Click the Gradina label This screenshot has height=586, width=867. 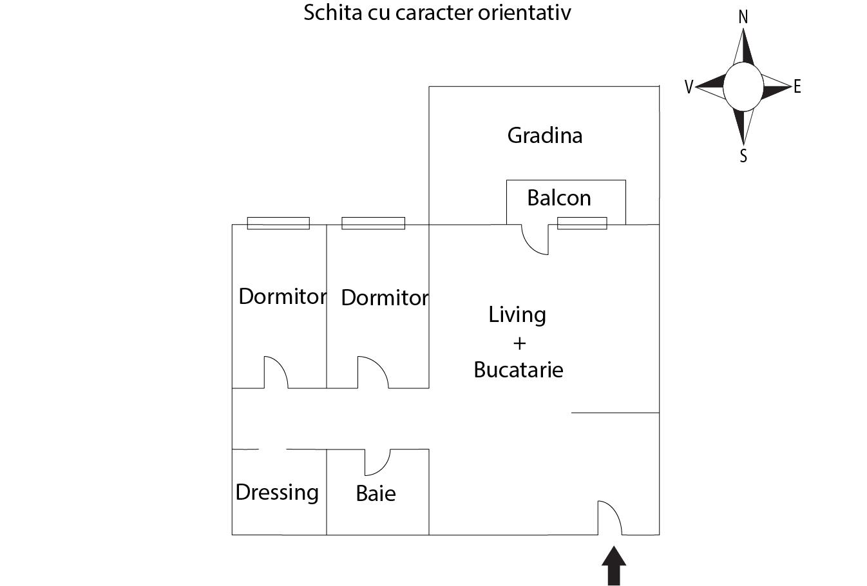[x=544, y=135]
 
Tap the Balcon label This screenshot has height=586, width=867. [x=559, y=198]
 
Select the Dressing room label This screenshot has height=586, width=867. [x=277, y=493]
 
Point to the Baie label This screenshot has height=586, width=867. [x=376, y=493]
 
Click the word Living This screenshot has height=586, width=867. [x=517, y=315]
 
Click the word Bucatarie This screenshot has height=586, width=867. [x=519, y=370]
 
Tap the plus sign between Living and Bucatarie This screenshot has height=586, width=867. [x=519, y=344]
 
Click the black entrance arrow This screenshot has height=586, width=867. [x=614, y=565]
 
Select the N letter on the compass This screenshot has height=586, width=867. [x=743, y=17]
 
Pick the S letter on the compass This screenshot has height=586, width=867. [x=743, y=156]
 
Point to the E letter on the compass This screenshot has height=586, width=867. [x=797, y=87]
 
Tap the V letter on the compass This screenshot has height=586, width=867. [x=689, y=87]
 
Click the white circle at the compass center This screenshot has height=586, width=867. [x=743, y=87]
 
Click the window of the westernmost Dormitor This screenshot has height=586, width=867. [x=278, y=223]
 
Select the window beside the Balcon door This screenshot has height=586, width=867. [x=582, y=223]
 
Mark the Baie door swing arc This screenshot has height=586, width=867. [x=377, y=462]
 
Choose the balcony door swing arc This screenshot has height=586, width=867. [x=535, y=240]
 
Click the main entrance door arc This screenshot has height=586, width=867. [x=610, y=518]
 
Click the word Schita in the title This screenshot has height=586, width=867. [x=332, y=12]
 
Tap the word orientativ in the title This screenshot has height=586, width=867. [x=524, y=12]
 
